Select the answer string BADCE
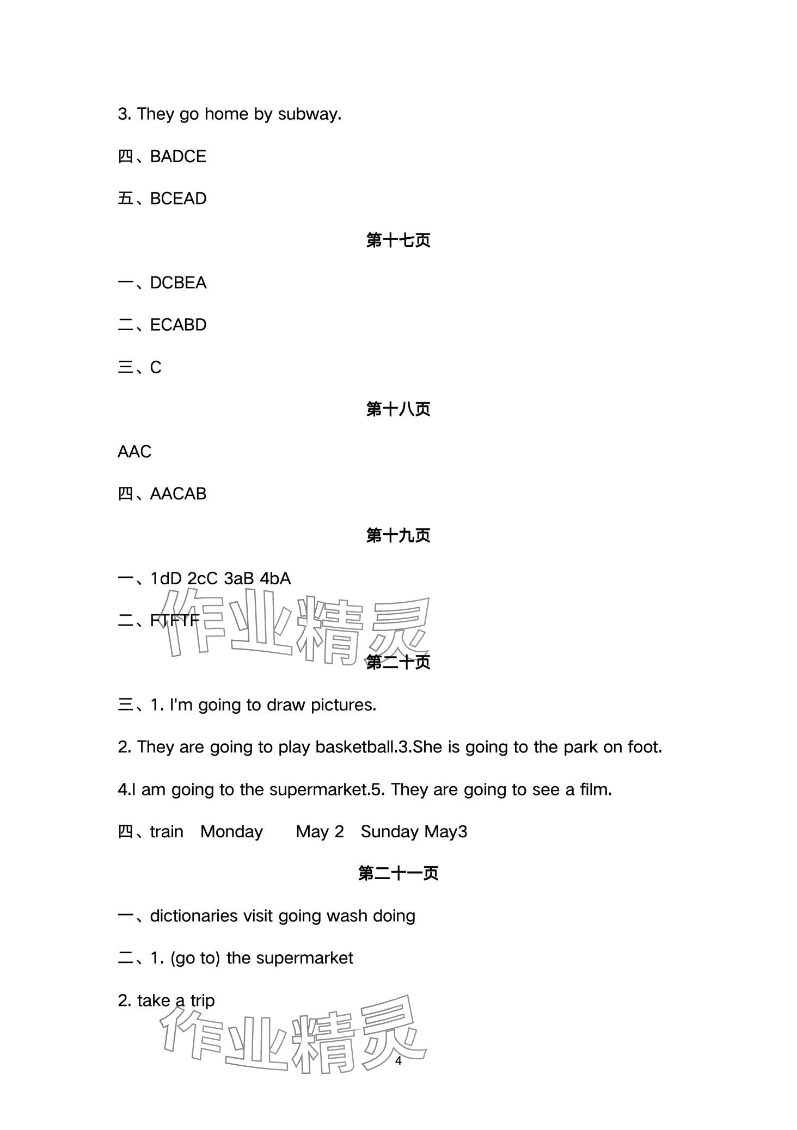178,157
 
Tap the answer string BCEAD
178,199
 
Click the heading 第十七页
398,240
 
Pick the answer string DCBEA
178,283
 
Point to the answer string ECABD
178,325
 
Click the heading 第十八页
398,409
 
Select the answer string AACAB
178,494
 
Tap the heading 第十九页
398,536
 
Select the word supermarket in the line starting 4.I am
316,790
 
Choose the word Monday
231,832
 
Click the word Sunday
389,832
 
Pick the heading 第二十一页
398,874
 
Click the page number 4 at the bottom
398,1061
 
